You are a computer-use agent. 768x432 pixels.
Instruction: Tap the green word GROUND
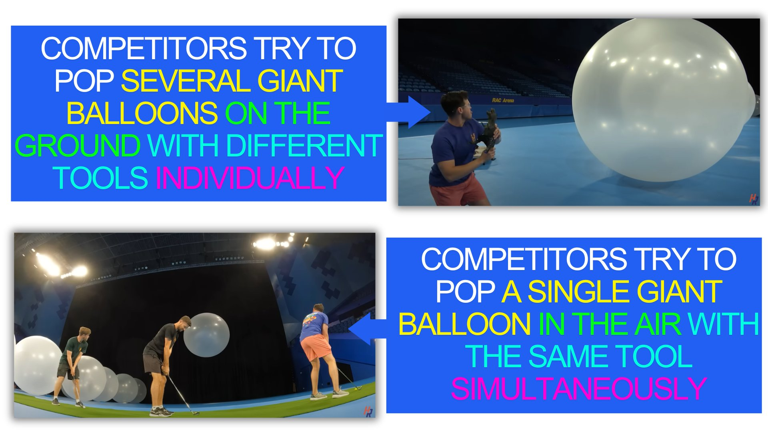coord(78,146)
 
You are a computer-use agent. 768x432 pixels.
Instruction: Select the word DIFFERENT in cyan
coord(304,146)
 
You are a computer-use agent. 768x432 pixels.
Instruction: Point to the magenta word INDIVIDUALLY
coord(250,178)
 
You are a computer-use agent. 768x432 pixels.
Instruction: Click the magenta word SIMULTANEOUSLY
coord(578,388)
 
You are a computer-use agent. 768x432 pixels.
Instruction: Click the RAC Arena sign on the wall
coord(503,100)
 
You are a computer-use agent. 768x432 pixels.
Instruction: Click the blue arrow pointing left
coord(367,329)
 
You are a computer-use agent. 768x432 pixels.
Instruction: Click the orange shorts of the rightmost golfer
coord(316,347)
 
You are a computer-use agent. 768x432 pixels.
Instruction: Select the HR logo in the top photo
coord(754,199)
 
